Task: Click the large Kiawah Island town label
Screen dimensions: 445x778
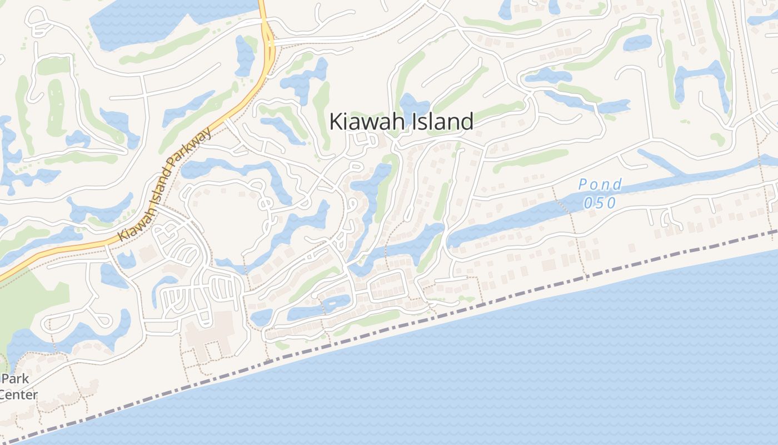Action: pyautogui.click(x=401, y=121)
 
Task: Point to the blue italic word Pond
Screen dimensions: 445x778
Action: pyautogui.click(x=600, y=184)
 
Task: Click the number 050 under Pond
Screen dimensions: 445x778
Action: pyautogui.click(x=600, y=202)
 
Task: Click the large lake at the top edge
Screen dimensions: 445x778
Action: pyautogui.click(x=167, y=22)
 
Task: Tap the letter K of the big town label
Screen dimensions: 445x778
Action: pyautogui.click(x=336, y=121)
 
